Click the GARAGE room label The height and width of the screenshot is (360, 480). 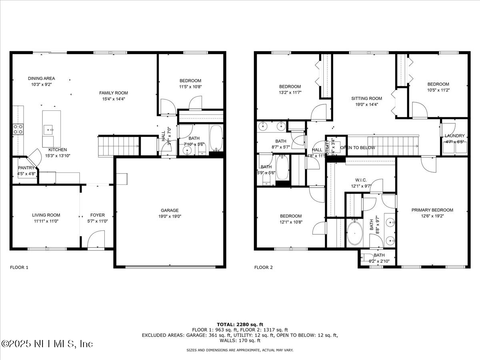pyautogui.click(x=170, y=210)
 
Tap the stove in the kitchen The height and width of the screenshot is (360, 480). pyautogui.click(x=18, y=129)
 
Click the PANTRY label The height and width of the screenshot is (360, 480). pyautogui.click(x=26, y=168)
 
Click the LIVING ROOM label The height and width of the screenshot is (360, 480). pyautogui.click(x=46, y=215)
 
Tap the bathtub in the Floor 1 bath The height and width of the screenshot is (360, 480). pyautogui.click(x=216, y=138)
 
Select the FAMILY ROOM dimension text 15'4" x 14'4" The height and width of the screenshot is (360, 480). pyautogui.click(x=114, y=99)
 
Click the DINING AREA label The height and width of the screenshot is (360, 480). pyautogui.click(x=42, y=78)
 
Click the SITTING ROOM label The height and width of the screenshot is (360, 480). pyautogui.click(x=366, y=98)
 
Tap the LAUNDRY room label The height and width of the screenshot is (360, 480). pyautogui.click(x=454, y=136)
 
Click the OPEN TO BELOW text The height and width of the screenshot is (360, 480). pyautogui.click(x=358, y=148)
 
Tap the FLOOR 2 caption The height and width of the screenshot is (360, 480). pyautogui.click(x=263, y=268)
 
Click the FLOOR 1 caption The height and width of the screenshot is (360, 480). pyautogui.click(x=19, y=268)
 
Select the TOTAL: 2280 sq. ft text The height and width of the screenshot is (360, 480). pyautogui.click(x=240, y=324)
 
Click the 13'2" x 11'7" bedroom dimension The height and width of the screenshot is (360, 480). pyautogui.click(x=290, y=92)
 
